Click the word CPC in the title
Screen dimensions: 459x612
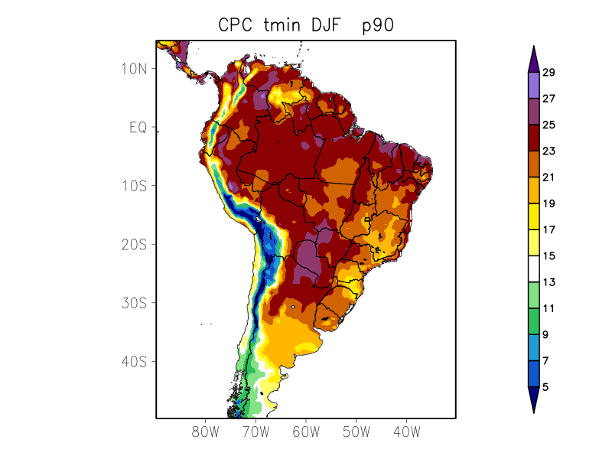tap(234, 24)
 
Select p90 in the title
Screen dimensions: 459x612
tap(378, 25)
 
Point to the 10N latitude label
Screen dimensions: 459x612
tap(135, 68)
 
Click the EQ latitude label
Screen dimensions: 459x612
tap(138, 127)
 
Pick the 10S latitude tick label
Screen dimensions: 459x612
tap(135, 186)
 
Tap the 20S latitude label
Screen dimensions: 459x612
tap(135, 244)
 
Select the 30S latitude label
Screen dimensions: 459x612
tap(135, 303)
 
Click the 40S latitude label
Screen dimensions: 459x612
tap(135, 361)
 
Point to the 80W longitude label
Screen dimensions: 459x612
tap(206, 431)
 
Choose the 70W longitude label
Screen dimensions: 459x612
tap(256, 431)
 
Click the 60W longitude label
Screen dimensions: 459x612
tap(306, 431)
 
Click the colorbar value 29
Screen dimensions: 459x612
tap(549, 73)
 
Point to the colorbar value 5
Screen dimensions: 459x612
tap(545, 387)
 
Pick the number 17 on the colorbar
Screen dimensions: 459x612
tap(549, 229)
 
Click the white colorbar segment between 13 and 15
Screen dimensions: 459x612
tap(534, 269)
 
